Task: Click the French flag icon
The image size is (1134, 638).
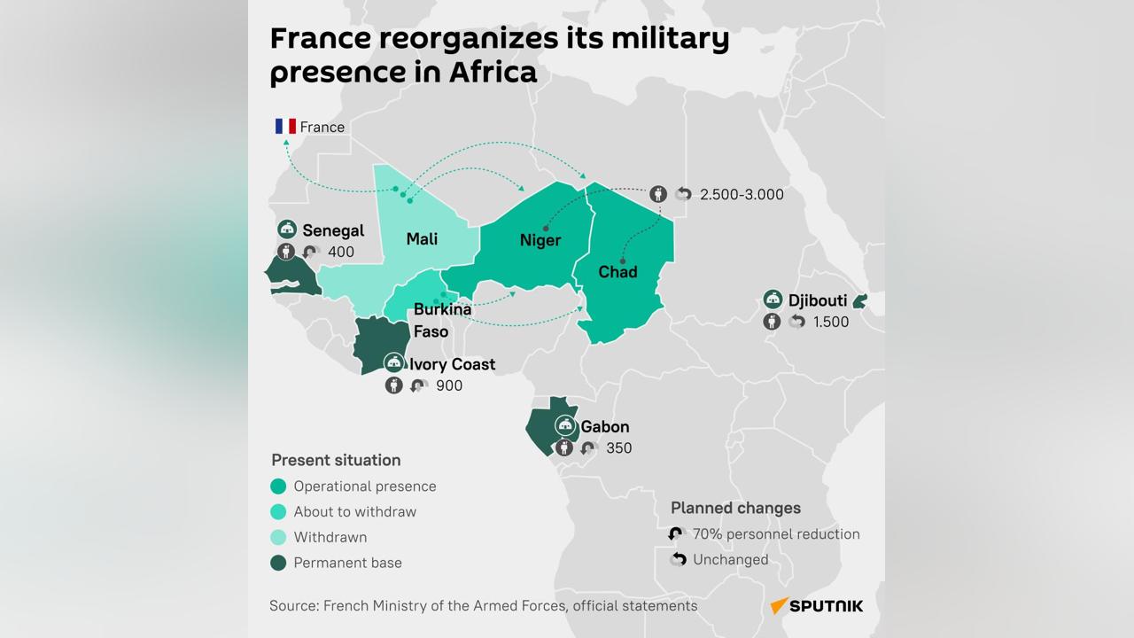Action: click(x=285, y=127)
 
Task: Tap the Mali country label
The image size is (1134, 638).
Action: click(x=422, y=238)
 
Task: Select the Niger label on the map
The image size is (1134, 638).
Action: click(x=540, y=240)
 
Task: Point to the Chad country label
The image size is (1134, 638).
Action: click(x=617, y=271)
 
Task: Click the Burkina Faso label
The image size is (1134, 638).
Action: click(x=442, y=320)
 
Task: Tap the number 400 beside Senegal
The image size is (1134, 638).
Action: click(x=341, y=252)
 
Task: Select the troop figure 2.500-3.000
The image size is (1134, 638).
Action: click(x=742, y=194)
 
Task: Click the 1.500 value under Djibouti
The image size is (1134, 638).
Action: click(x=831, y=322)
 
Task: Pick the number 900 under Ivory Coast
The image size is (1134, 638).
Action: click(x=449, y=385)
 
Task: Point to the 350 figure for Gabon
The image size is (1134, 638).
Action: click(x=619, y=448)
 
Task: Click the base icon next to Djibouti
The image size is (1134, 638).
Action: click(x=773, y=300)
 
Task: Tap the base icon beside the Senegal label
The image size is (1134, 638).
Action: click(x=287, y=230)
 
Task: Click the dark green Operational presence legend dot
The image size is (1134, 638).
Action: click(x=279, y=486)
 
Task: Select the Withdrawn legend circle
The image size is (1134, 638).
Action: click(x=279, y=537)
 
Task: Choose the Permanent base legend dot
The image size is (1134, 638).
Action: click(x=279, y=563)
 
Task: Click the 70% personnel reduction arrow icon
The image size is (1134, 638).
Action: click(x=678, y=534)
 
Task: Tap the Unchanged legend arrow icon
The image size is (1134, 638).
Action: click(x=678, y=560)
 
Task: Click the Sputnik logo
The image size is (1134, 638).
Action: click(x=816, y=606)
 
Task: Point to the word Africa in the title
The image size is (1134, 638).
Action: click(x=493, y=72)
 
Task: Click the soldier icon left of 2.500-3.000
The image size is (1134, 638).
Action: click(x=657, y=194)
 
